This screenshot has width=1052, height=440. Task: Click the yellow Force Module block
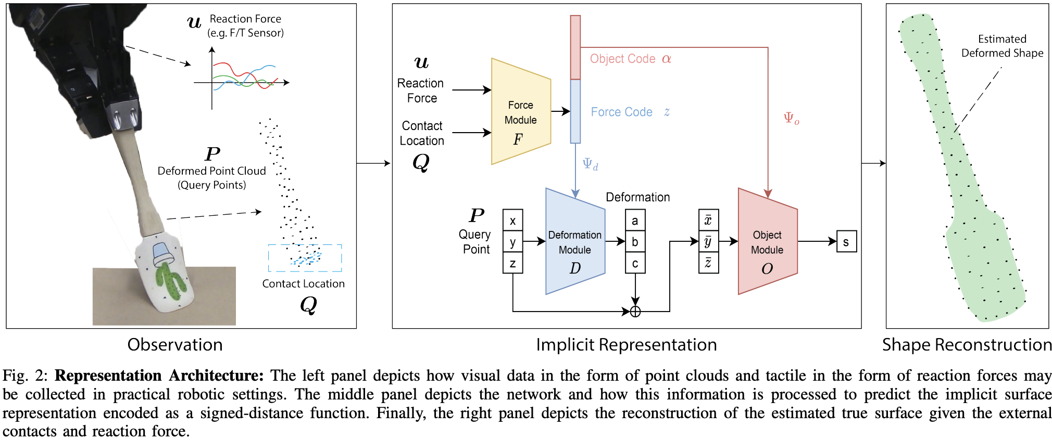521,112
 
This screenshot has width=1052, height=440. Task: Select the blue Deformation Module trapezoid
575,242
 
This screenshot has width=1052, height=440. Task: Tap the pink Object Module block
767,242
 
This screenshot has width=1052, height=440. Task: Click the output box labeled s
846,242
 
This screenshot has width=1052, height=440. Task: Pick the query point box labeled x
513,221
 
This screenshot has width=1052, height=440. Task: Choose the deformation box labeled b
635,242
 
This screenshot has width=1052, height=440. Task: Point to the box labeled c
635,263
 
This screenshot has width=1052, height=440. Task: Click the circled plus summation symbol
635,312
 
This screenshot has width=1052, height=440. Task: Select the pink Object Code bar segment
575,47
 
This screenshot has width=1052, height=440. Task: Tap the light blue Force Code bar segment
575,111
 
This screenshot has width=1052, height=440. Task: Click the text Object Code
622,59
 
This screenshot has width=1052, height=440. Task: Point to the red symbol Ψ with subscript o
791,118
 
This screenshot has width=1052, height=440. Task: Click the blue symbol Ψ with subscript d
590,164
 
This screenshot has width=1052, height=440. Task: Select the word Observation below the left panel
175,345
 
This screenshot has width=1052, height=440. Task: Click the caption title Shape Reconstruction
967,345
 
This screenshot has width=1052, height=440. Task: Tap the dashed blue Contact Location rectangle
305,258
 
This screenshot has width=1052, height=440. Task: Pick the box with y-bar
708,242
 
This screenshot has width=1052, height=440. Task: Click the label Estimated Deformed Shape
1002,46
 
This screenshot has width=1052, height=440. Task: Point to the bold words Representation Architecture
159,376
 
